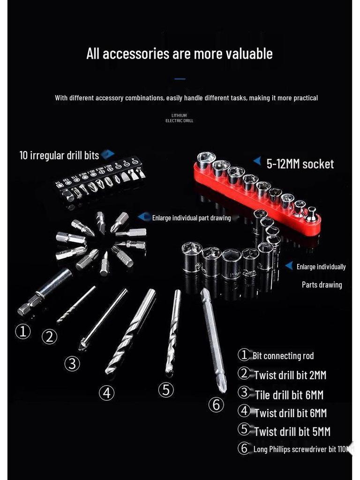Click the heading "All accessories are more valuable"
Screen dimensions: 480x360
pyautogui.click(x=180, y=54)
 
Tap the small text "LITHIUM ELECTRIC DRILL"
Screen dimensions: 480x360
pyautogui.click(x=179, y=118)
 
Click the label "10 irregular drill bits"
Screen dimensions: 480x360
pyautogui.click(x=59, y=155)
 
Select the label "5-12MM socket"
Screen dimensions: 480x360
pyautogui.click(x=300, y=164)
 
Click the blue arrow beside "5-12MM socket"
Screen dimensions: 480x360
pyautogui.click(x=257, y=161)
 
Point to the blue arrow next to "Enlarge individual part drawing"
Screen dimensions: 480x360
pyautogui.click(x=144, y=217)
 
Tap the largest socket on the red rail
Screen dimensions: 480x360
pyautogui.click(x=205, y=161)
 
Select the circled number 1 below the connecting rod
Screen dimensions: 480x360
pyautogui.click(x=23, y=332)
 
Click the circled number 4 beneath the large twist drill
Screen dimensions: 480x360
pyautogui.click(x=107, y=393)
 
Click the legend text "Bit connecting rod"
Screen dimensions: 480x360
pyautogui.click(x=283, y=356)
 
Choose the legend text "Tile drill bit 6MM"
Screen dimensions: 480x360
pyautogui.click(x=289, y=395)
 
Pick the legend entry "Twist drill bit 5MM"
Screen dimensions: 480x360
pyautogui.click(x=292, y=431)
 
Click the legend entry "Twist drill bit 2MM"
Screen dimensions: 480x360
pyautogui.click(x=290, y=375)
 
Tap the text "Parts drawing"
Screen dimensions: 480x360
pyautogui.click(x=322, y=285)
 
